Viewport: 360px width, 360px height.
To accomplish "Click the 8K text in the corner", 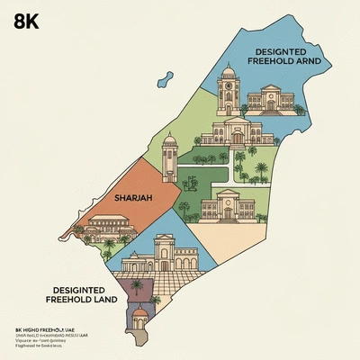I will click(x=27, y=23).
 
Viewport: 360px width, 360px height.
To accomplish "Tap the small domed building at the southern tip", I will click(x=141, y=315).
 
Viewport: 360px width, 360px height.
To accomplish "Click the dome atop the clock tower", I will click(x=227, y=71).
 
